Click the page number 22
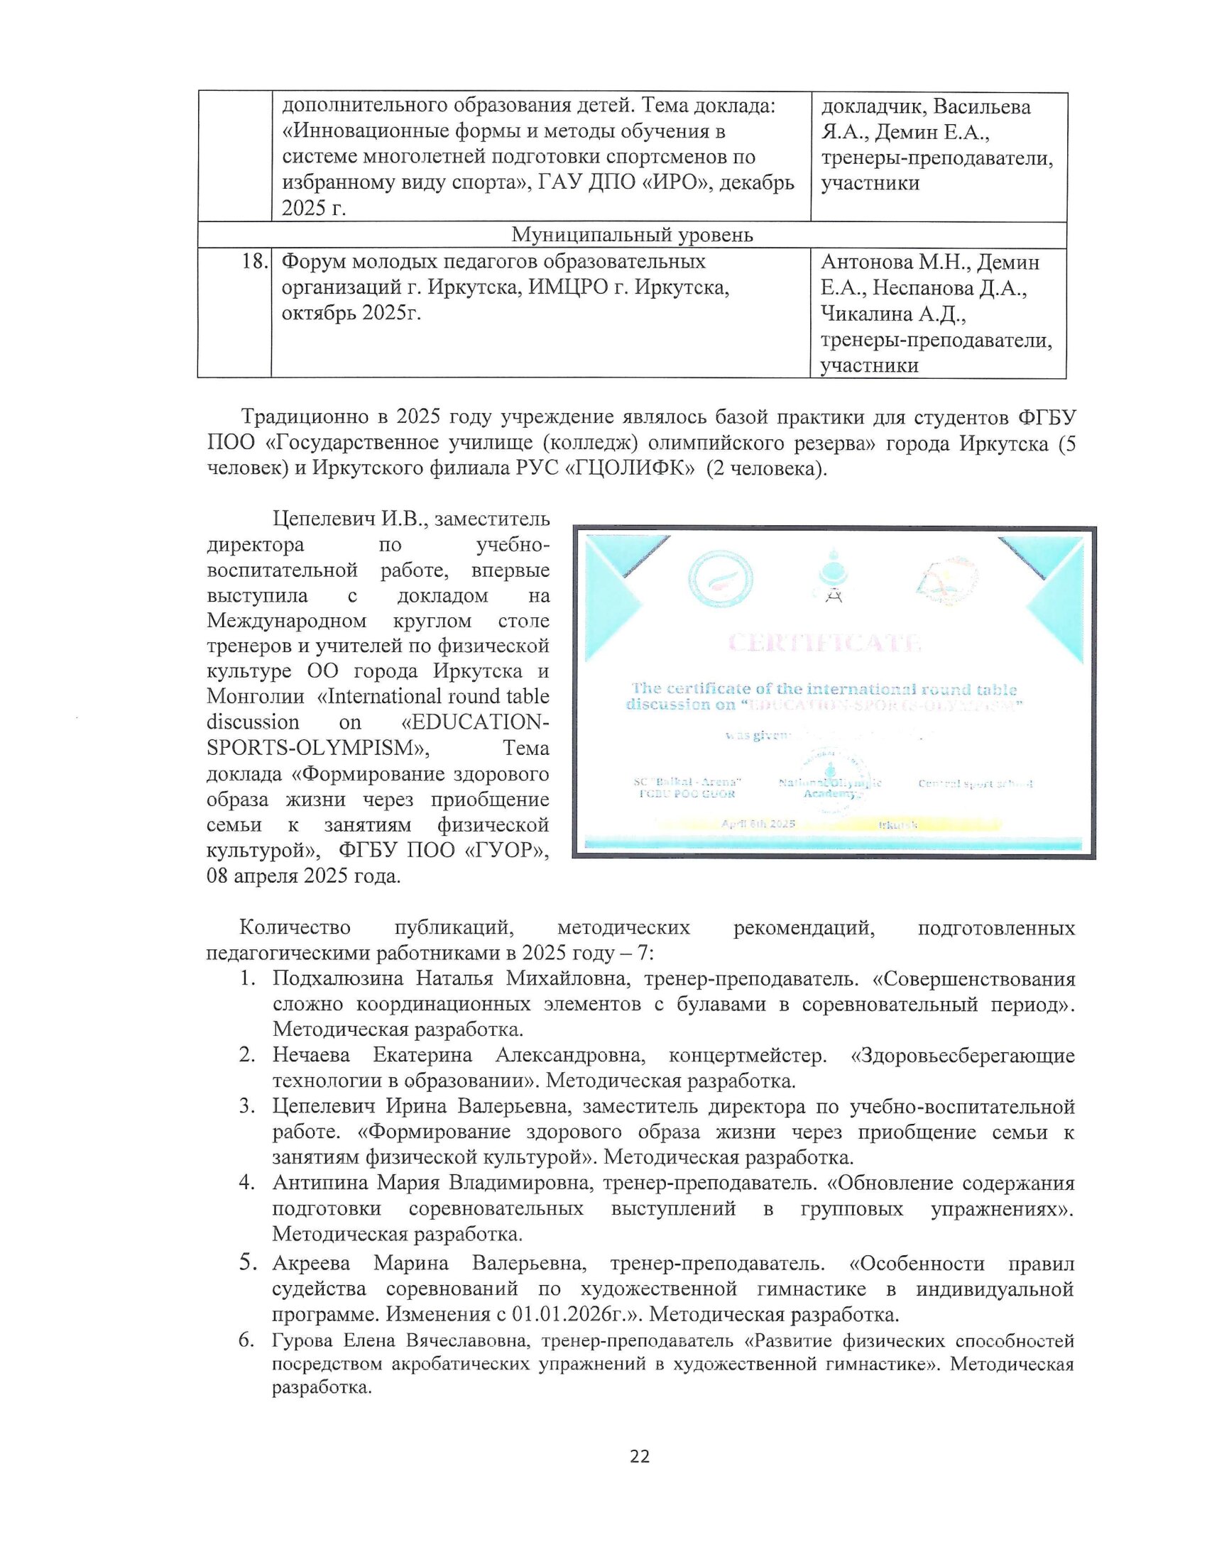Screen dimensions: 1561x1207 640,1456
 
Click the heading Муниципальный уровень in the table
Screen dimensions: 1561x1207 632,234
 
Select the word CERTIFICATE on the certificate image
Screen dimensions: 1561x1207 824,644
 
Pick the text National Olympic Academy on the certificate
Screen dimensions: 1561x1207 829,788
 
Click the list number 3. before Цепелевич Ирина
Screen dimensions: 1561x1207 247,1106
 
